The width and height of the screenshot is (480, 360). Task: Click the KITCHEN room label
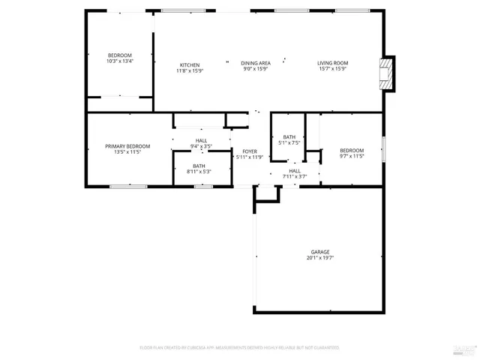tap(189, 64)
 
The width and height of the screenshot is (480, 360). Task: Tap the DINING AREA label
tap(256, 63)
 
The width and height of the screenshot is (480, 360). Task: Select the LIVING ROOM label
tap(331, 63)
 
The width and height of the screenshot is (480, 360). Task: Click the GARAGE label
tap(320, 252)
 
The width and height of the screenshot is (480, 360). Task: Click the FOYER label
tap(249, 151)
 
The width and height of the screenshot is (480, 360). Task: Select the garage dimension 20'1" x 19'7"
tap(320, 258)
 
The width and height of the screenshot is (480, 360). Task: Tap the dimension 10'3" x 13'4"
tap(120, 61)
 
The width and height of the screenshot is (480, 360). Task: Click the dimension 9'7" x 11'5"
tap(352, 156)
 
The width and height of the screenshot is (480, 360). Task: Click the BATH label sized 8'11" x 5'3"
tap(199, 166)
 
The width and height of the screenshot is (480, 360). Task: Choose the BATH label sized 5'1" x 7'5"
tap(289, 136)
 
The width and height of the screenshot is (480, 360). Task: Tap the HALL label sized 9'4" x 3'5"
tap(202, 140)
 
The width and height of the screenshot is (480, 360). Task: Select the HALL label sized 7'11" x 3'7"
tap(295, 170)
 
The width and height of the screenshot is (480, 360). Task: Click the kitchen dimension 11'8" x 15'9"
tap(189, 70)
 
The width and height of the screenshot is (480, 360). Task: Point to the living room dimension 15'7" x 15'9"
tap(331, 69)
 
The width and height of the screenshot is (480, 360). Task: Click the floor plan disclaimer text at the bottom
tap(239, 348)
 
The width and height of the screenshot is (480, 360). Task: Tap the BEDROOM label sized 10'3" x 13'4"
tap(120, 55)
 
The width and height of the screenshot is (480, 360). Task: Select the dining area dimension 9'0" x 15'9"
tap(256, 69)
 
